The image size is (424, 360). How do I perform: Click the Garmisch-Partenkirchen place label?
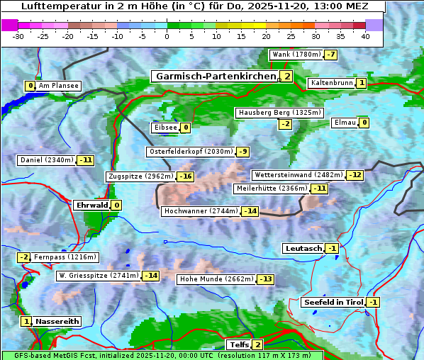216,77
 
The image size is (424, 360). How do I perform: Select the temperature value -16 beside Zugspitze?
185,176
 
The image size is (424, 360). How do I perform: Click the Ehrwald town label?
91,206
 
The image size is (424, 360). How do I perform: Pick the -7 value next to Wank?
330,55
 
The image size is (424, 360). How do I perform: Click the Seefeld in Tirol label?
333,303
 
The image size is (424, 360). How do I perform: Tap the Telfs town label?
238,345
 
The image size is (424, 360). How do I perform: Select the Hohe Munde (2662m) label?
216,279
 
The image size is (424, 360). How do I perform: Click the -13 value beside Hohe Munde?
264,279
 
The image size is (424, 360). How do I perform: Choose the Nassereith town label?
57,321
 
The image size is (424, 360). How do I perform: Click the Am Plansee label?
58,86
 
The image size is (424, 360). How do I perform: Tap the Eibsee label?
164,128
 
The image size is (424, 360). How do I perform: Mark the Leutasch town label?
303,248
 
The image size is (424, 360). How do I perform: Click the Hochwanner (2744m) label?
201,211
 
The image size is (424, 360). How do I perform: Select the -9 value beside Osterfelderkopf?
242,152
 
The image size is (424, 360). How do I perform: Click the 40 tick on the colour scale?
365,36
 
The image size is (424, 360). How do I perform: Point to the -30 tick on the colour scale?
18,36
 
